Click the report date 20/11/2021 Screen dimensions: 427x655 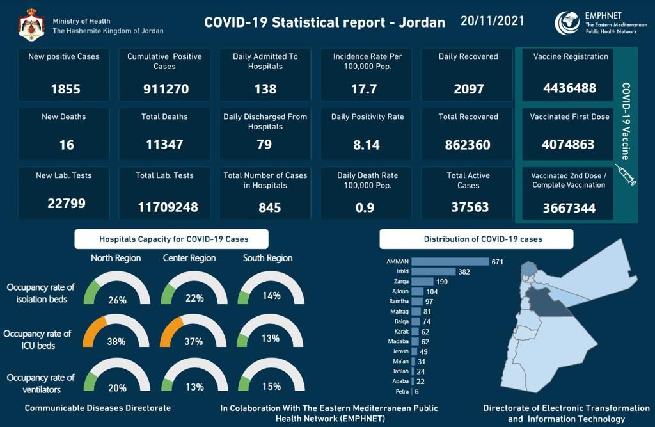pyautogui.click(x=492, y=21)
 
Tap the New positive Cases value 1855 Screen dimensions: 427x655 pyautogui.click(x=65, y=89)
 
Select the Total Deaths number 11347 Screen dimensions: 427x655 pyautogui.click(x=165, y=145)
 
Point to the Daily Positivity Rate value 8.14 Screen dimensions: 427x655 pyautogui.click(x=367, y=145)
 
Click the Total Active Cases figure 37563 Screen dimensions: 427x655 pyautogui.click(x=468, y=206)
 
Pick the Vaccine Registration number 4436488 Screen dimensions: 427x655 pyautogui.click(x=569, y=88)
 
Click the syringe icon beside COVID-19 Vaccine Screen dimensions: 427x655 pyautogui.click(x=625, y=175)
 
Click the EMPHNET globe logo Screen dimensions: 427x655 pyautogui.click(x=566, y=23)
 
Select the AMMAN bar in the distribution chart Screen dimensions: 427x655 pyautogui.click(x=450, y=261)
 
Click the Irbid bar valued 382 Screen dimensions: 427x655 pyautogui.click(x=433, y=271)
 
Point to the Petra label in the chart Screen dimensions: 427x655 pyautogui.click(x=402, y=391)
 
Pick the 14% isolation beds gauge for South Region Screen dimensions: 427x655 pyautogui.click(x=271, y=287)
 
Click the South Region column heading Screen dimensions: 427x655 pyautogui.click(x=267, y=258)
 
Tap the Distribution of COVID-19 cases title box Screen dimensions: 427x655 pyautogui.click(x=476, y=239)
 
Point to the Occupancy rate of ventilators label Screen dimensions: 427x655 pyautogui.click(x=41, y=383)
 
